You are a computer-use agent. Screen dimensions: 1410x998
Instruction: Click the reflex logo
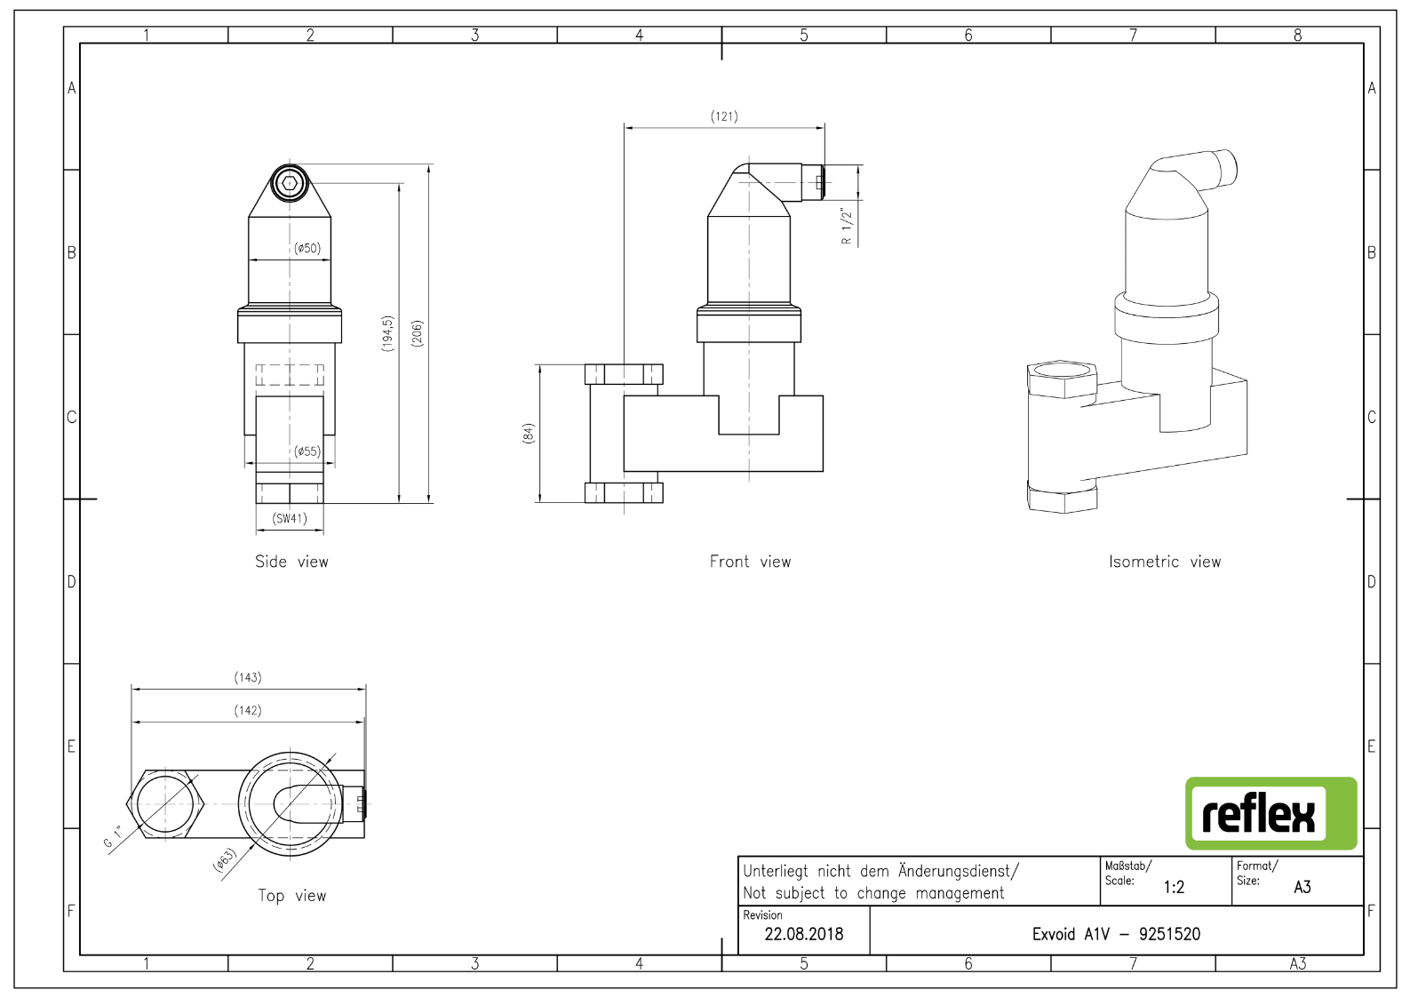coord(1271,813)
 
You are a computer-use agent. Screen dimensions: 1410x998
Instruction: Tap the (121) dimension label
coord(724,116)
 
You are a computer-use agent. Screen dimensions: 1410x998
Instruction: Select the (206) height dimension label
coord(417,333)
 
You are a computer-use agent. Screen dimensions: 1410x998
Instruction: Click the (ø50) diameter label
coord(307,248)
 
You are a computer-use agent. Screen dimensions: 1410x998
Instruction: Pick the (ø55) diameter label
coord(307,451)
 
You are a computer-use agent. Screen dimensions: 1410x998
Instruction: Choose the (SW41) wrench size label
coord(290,519)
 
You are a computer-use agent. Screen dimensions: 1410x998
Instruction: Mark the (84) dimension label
coord(528,433)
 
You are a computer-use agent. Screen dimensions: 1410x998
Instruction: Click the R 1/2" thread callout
coord(847,226)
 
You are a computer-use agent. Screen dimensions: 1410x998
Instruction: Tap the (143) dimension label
coord(247,677)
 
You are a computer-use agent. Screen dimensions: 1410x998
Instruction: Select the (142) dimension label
coord(247,710)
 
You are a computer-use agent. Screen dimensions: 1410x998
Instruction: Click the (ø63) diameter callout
coord(224,859)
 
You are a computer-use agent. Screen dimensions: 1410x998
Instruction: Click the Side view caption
coord(291,562)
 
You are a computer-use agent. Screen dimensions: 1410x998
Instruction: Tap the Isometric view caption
coord(1165,562)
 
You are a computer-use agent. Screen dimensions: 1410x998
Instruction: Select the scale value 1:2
coord(1174,887)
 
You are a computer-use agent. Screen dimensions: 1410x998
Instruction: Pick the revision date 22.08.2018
coord(804,934)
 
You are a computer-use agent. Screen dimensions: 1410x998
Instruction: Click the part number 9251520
coord(1169,934)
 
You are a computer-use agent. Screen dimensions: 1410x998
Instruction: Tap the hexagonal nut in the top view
coord(165,804)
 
